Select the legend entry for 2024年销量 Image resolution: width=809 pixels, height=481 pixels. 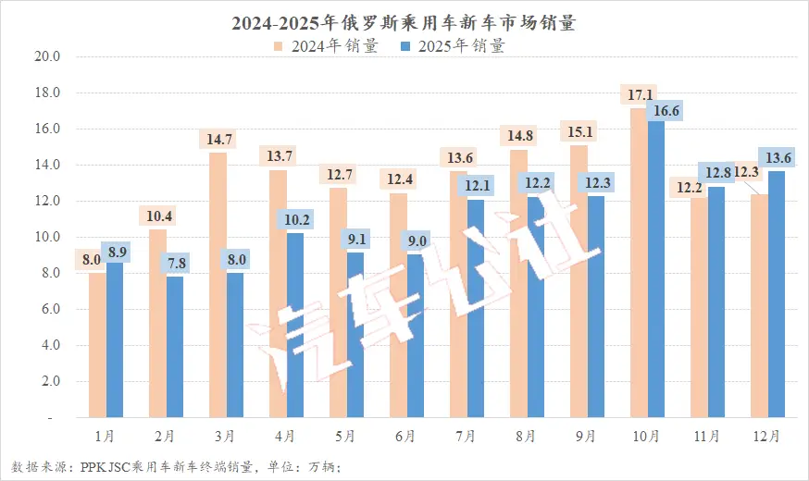(x=325, y=45)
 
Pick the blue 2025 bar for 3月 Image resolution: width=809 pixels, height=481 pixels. (x=235, y=345)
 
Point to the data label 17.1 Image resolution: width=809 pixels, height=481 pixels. (x=639, y=94)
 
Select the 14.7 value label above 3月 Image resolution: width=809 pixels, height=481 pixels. (x=218, y=139)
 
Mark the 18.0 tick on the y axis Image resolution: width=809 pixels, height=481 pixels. (x=46, y=92)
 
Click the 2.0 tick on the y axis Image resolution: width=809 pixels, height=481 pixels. (x=46, y=381)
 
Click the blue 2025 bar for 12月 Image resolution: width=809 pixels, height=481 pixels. (x=777, y=294)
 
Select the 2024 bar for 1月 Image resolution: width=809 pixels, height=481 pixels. (x=97, y=345)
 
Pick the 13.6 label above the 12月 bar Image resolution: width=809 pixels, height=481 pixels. (x=776, y=157)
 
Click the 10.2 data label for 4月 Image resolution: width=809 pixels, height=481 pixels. (x=295, y=219)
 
